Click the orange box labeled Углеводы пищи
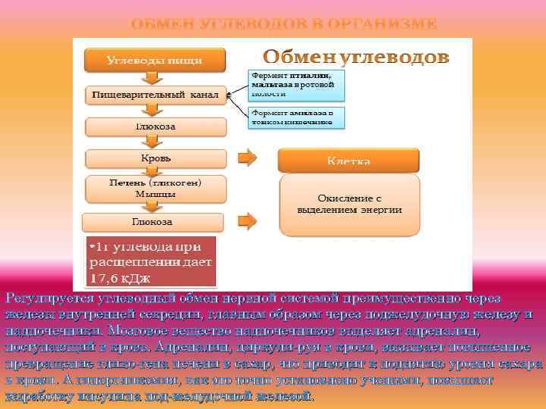pyautogui.click(x=155, y=59)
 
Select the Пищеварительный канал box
pyautogui.click(x=155, y=95)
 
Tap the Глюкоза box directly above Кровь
pyautogui.click(x=155, y=126)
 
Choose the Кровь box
pyautogui.click(x=155, y=158)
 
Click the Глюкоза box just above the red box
pyautogui.click(x=152, y=222)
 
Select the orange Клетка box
pyautogui.click(x=349, y=161)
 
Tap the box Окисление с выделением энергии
pyautogui.click(x=350, y=204)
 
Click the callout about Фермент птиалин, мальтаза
pyautogui.click(x=296, y=85)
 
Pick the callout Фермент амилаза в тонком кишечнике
pyautogui.click(x=297, y=117)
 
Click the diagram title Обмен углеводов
pyautogui.click(x=356, y=58)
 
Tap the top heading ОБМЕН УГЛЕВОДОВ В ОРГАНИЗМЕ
pyautogui.click(x=284, y=23)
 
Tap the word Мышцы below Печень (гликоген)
pyautogui.click(x=155, y=194)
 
